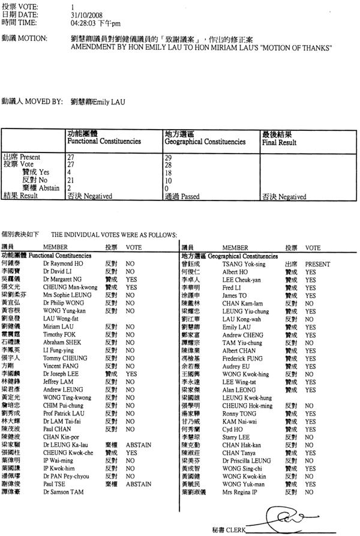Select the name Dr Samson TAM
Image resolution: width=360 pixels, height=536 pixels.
click(62, 492)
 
